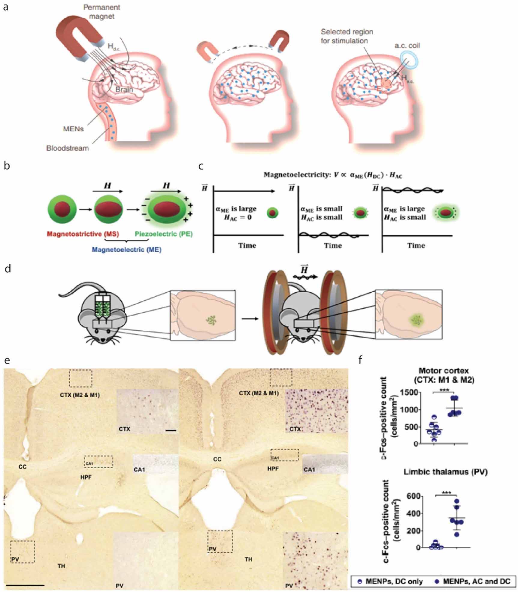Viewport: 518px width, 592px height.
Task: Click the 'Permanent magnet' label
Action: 101,12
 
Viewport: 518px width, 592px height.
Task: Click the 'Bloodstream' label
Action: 68,148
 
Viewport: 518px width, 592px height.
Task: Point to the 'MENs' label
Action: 73,129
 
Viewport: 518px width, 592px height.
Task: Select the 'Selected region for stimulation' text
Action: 347,36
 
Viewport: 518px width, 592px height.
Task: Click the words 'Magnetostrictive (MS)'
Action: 83,234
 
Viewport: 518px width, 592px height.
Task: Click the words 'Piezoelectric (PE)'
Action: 164,234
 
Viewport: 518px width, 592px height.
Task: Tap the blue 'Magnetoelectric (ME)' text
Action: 126,250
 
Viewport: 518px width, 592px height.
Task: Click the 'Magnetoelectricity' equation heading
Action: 333,175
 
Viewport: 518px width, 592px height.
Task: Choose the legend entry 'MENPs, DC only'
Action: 394,581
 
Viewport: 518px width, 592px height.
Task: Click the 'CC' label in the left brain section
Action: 22,467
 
